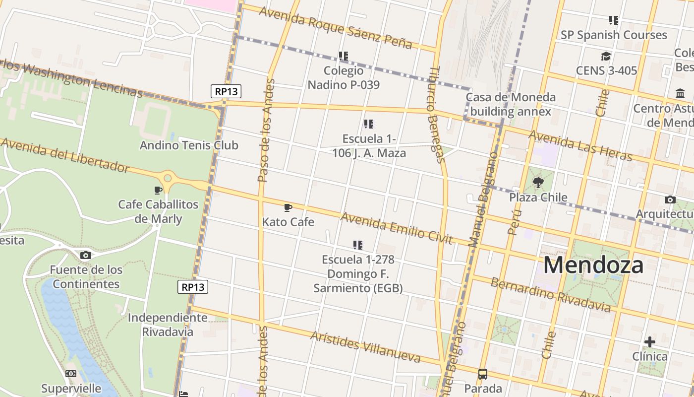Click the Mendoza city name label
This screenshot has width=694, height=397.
[593, 265]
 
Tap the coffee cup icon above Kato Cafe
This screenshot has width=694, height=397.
[288, 207]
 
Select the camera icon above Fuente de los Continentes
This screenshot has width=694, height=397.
[86, 255]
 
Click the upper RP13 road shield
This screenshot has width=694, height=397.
[226, 91]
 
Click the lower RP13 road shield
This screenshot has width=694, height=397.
[193, 287]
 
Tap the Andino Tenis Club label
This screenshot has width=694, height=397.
[189, 145]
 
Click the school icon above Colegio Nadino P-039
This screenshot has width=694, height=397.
[344, 56]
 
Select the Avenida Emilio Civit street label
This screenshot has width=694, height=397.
[397, 228]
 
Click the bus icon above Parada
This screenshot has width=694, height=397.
[483, 374]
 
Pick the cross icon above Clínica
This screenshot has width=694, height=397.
[650, 342]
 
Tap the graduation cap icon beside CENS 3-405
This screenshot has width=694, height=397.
[606, 56]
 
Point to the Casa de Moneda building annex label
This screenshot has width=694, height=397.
[511, 104]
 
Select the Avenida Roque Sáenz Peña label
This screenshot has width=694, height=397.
[336, 27]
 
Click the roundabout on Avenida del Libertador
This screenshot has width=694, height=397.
[168, 178]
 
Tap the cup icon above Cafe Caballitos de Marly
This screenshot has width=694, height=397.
[158, 190]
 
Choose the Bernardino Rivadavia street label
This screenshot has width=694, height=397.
[550, 295]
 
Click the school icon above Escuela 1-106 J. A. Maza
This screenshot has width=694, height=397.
[369, 124]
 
